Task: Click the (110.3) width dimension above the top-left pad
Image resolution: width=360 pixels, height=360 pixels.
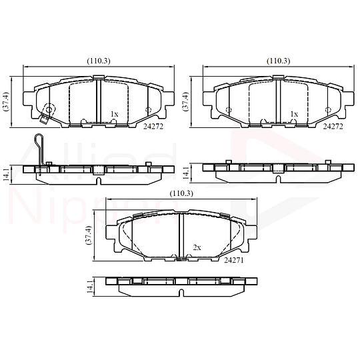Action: pyautogui.click(x=98, y=61)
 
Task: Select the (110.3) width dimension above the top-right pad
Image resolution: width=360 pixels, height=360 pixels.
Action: pyautogui.click(x=277, y=61)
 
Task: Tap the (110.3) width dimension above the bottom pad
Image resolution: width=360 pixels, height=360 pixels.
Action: pyautogui.click(x=181, y=193)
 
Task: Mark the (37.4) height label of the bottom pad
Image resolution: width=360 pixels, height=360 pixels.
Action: pyautogui.click(x=88, y=237)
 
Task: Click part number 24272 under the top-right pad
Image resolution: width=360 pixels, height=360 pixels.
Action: pyautogui.click(x=333, y=125)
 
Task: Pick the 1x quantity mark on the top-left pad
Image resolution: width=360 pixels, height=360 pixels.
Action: pyautogui.click(x=114, y=114)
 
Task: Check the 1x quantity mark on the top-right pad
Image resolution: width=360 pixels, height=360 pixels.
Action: pyautogui.click(x=294, y=114)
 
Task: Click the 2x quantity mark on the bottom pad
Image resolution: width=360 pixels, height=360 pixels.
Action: pyautogui.click(x=197, y=247)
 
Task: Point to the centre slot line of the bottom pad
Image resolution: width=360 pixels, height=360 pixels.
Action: pyautogui.click(x=181, y=233)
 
